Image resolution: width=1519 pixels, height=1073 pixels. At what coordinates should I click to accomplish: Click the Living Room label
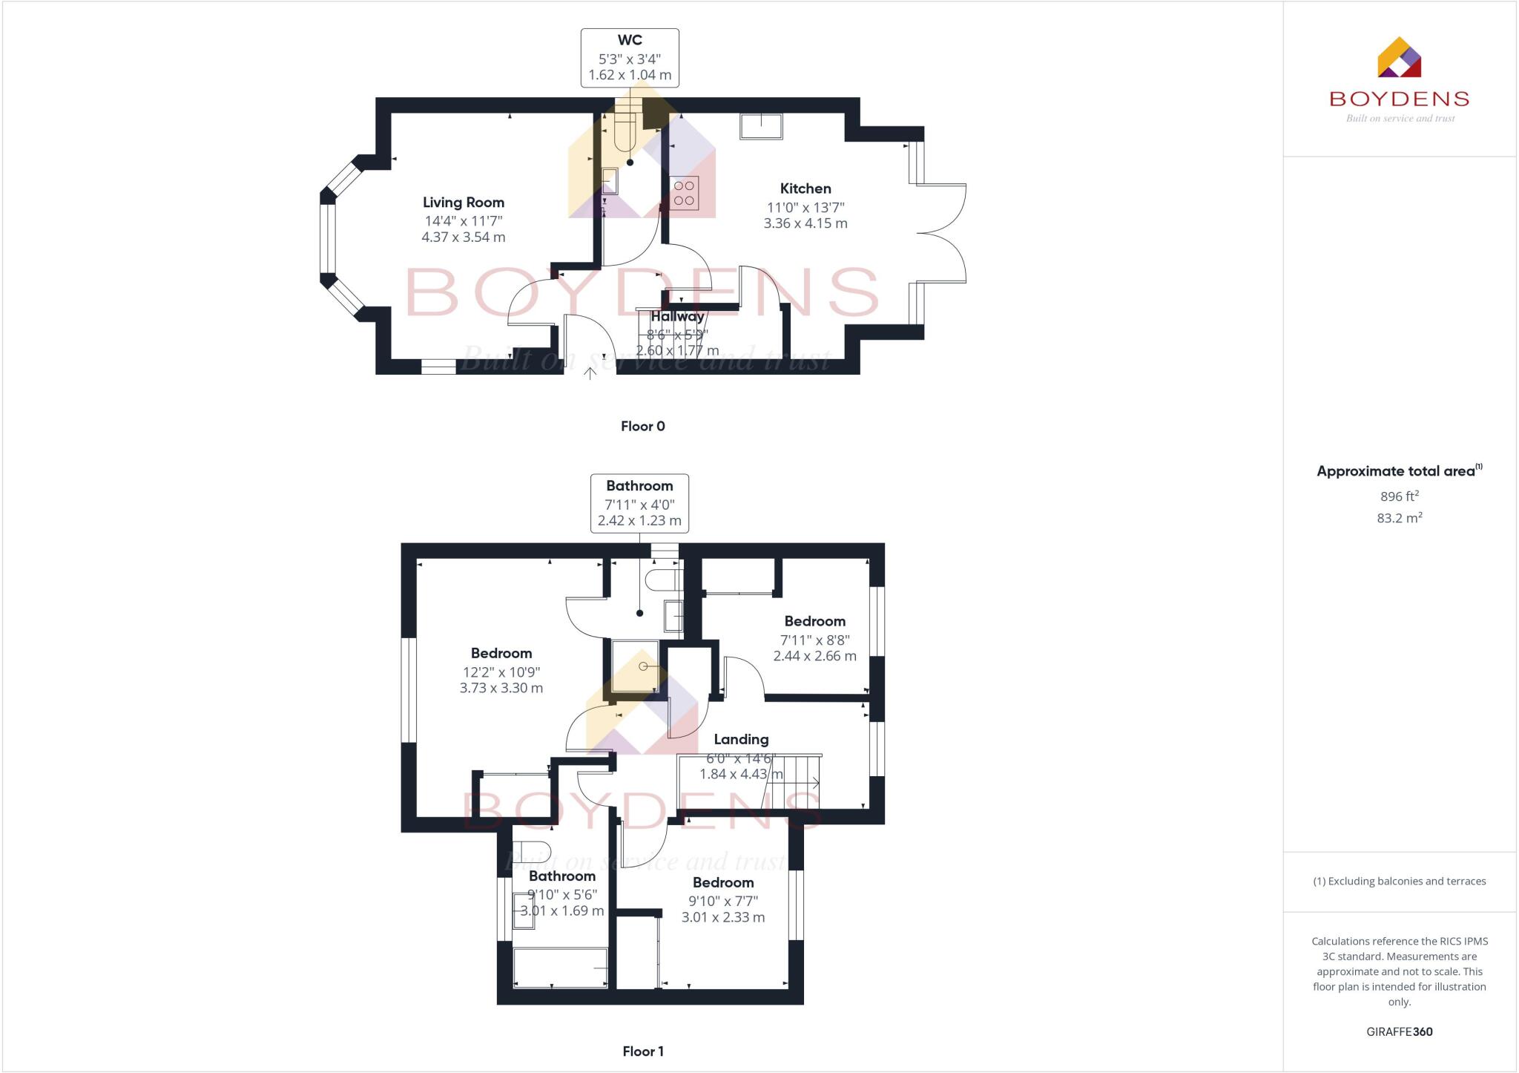(463, 202)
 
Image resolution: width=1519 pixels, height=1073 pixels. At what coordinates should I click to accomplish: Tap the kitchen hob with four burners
(684, 193)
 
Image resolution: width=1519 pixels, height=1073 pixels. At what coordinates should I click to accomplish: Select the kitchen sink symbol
(760, 126)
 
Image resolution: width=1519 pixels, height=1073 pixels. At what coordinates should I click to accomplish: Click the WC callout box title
(629, 40)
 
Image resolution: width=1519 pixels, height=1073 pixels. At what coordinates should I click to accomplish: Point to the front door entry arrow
(590, 373)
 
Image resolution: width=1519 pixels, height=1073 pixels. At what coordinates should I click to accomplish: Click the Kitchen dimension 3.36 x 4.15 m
(805, 223)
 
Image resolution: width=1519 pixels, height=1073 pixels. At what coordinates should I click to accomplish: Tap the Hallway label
(677, 317)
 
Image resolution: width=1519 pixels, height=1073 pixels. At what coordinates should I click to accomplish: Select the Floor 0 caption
(642, 426)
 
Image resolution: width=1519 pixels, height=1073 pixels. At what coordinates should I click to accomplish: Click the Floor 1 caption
(642, 1051)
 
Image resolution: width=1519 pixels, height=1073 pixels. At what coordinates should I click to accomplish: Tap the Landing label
(740, 739)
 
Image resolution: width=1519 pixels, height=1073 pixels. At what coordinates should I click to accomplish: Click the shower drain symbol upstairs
(643, 666)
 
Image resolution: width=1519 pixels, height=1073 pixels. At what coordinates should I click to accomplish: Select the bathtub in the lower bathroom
(560, 968)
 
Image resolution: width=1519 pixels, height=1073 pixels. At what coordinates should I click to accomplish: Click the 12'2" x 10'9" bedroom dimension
(501, 672)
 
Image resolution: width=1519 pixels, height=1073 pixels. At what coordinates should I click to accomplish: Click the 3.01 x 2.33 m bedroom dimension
(722, 917)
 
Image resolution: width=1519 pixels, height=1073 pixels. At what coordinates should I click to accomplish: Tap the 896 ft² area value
(1399, 496)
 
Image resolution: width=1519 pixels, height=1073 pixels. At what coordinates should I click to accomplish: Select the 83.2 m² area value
(1399, 518)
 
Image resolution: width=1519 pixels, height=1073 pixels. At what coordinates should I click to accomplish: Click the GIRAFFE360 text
(1399, 1031)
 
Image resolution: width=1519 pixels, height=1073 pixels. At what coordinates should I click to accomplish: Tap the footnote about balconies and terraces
(1399, 882)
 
